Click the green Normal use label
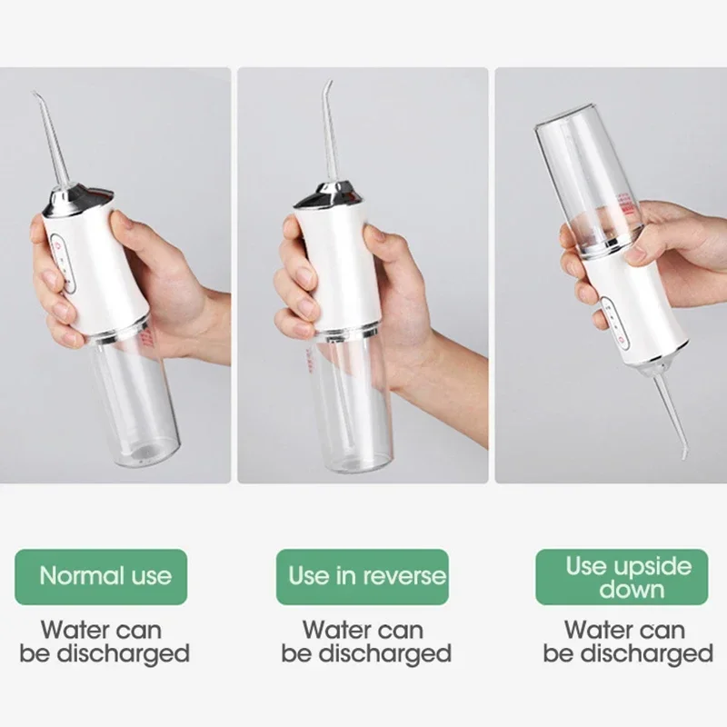105,575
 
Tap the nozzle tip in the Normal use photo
35,95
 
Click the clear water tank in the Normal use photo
136,400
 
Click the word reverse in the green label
404,575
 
